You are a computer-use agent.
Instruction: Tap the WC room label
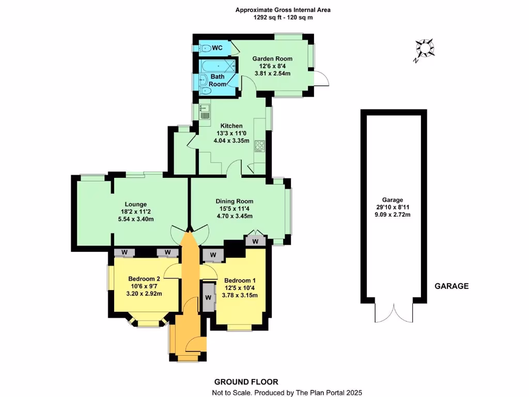(217, 48)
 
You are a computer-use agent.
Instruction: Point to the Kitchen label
(231, 126)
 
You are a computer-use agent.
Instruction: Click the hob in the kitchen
(259, 146)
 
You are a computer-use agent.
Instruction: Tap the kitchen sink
(204, 110)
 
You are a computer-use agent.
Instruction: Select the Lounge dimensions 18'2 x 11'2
(136, 211)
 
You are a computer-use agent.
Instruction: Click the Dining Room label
(234, 201)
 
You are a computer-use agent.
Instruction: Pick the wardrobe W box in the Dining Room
(255, 241)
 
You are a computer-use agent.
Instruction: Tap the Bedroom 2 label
(144, 279)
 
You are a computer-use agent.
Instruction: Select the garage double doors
(394, 312)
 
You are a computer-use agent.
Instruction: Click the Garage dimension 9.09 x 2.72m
(393, 215)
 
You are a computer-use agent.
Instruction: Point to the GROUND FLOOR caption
(246, 382)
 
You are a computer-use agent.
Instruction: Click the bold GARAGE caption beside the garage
(451, 286)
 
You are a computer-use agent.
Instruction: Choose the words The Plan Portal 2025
(329, 393)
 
